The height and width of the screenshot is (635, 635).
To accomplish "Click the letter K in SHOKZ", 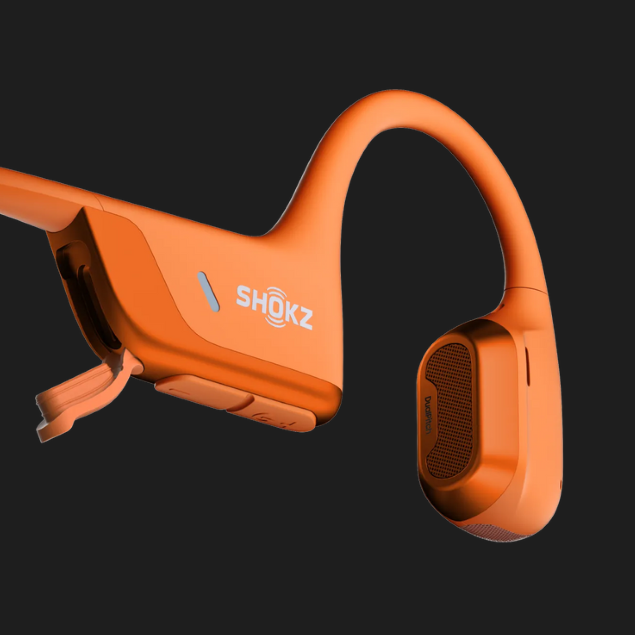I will point(291,313).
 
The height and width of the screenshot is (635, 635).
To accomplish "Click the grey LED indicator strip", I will point(208,292).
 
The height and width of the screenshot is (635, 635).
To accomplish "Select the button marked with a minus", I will point(190,390).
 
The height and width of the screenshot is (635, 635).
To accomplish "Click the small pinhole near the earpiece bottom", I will point(561,484).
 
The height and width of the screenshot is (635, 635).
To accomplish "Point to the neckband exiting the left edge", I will point(18,190).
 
